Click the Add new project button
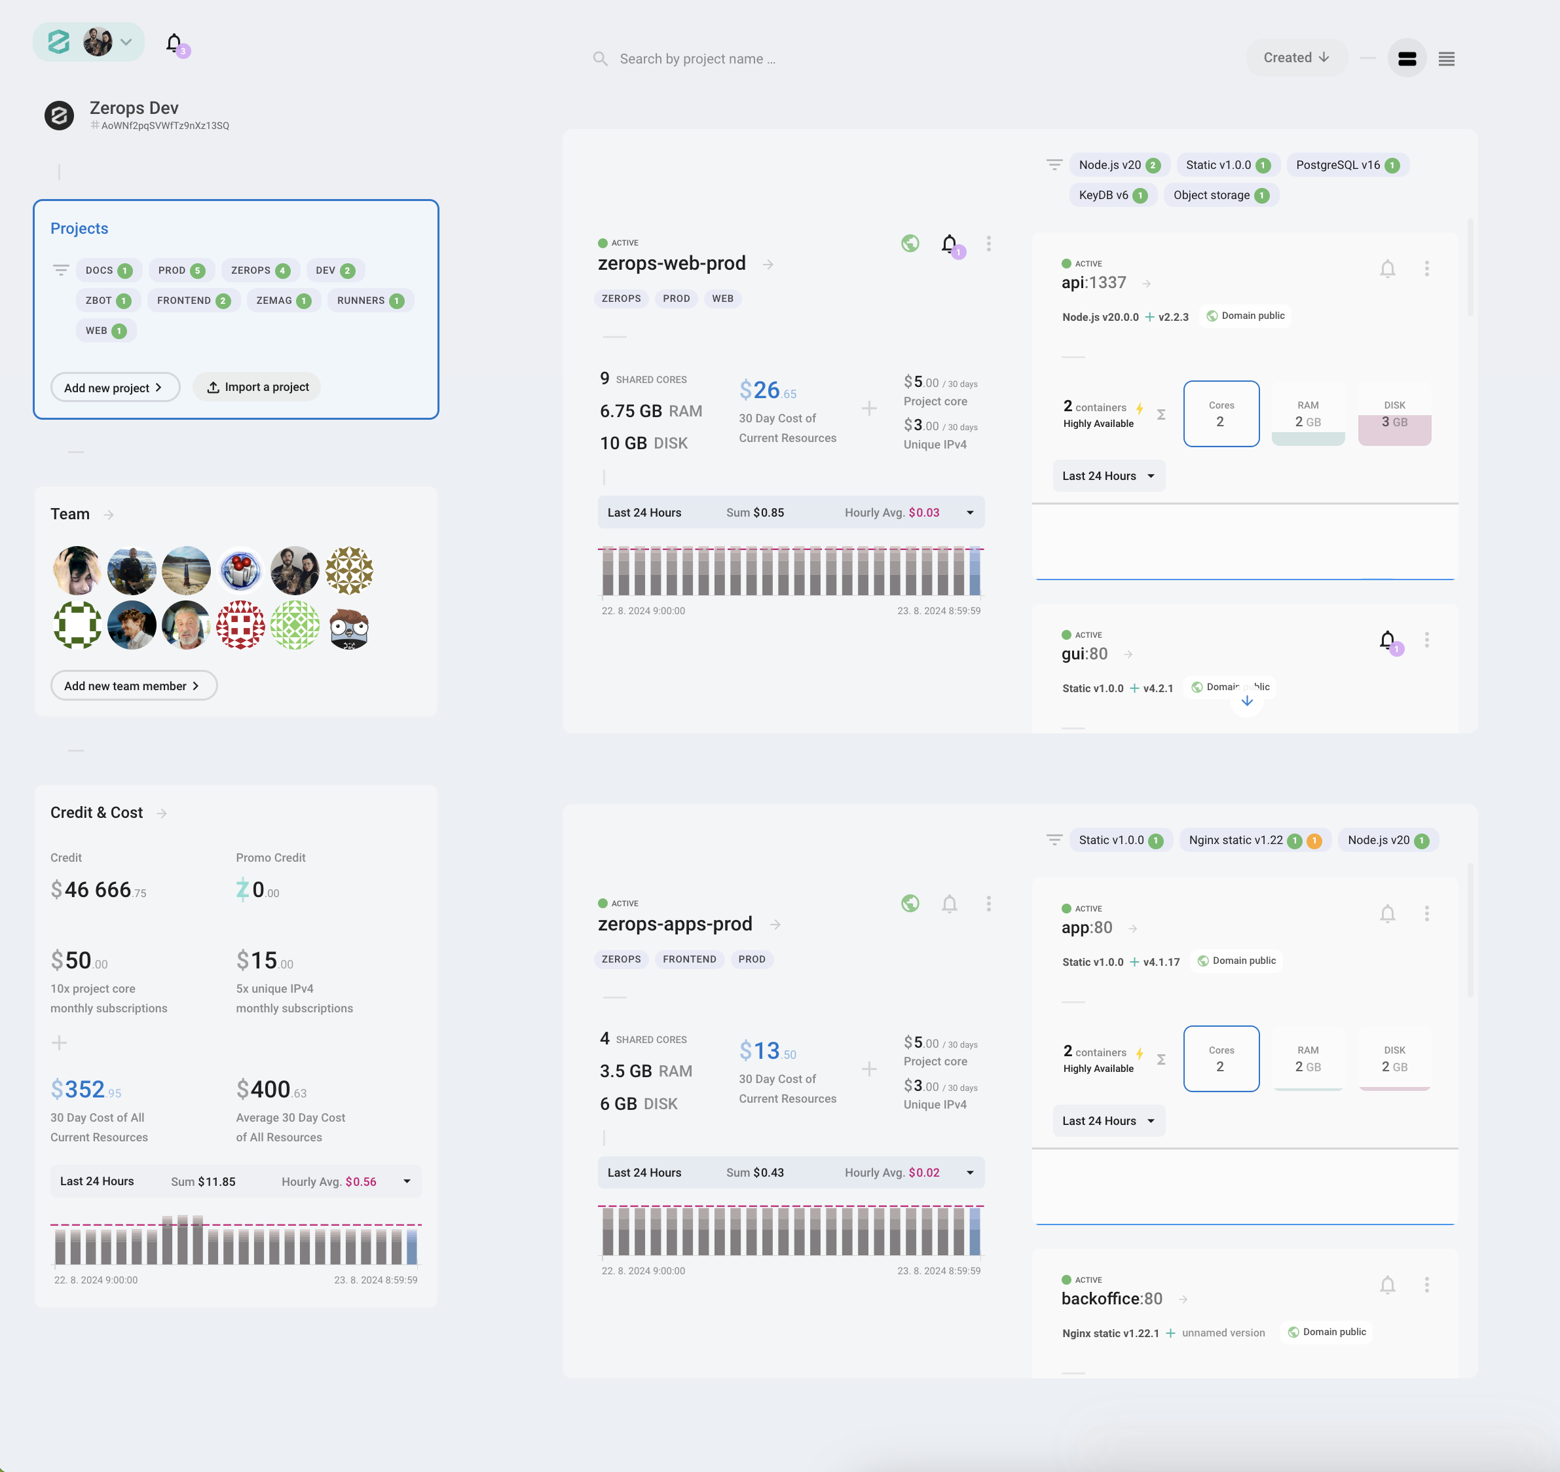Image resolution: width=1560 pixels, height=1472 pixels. [x=115, y=388]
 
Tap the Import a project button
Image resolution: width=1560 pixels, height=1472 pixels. [x=257, y=387]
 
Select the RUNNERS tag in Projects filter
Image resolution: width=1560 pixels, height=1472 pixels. [x=369, y=301]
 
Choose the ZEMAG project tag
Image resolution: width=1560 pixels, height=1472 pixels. [x=282, y=301]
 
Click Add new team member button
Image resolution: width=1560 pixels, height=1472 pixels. [x=134, y=686]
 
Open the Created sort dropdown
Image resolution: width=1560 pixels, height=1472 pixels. [x=1295, y=58]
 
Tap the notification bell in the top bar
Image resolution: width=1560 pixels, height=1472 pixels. [x=174, y=43]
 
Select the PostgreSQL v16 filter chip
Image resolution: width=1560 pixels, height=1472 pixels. [x=1346, y=165]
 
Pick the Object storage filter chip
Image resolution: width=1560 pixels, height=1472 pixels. [x=1220, y=195]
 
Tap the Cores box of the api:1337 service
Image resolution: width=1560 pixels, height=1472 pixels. [x=1221, y=414]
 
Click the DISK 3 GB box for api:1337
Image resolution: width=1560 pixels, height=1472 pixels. [x=1394, y=414]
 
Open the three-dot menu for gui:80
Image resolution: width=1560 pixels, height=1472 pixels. [x=1426, y=640]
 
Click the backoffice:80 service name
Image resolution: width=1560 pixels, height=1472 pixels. [x=1111, y=1298]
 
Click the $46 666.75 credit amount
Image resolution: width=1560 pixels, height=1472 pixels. [x=98, y=890]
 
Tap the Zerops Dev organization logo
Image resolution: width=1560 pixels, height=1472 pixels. [x=59, y=115]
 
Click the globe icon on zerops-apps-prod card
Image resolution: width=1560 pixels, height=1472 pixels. [x=910, y=904]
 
